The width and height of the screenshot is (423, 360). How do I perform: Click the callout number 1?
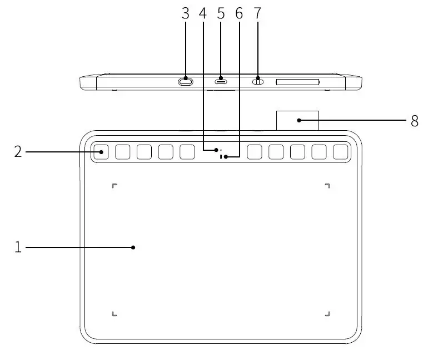18,247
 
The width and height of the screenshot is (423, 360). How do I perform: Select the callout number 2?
18,151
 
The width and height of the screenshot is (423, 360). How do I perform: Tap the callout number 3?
186,14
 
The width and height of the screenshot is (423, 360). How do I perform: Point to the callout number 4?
203,14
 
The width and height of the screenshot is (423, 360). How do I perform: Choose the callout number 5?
221,14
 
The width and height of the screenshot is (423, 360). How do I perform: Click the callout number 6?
240,14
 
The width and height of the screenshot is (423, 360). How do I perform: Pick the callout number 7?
258,14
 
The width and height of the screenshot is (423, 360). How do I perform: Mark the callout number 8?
414,121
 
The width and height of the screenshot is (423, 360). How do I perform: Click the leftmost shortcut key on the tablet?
101,151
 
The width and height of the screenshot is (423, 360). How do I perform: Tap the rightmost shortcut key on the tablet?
340,151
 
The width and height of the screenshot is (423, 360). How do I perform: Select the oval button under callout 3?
186,82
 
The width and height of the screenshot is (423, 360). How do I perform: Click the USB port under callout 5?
221,82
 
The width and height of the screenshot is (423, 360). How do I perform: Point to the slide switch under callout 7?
258,82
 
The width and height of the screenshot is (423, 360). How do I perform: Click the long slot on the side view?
297,82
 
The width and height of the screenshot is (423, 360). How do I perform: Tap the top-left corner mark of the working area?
114,185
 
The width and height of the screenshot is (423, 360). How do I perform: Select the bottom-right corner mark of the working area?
327,314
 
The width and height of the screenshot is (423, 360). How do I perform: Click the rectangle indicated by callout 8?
297,120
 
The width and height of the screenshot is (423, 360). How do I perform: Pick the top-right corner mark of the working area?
327,185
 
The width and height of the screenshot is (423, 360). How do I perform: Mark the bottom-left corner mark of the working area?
114,314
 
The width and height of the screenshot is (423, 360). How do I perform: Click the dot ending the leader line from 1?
133,247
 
